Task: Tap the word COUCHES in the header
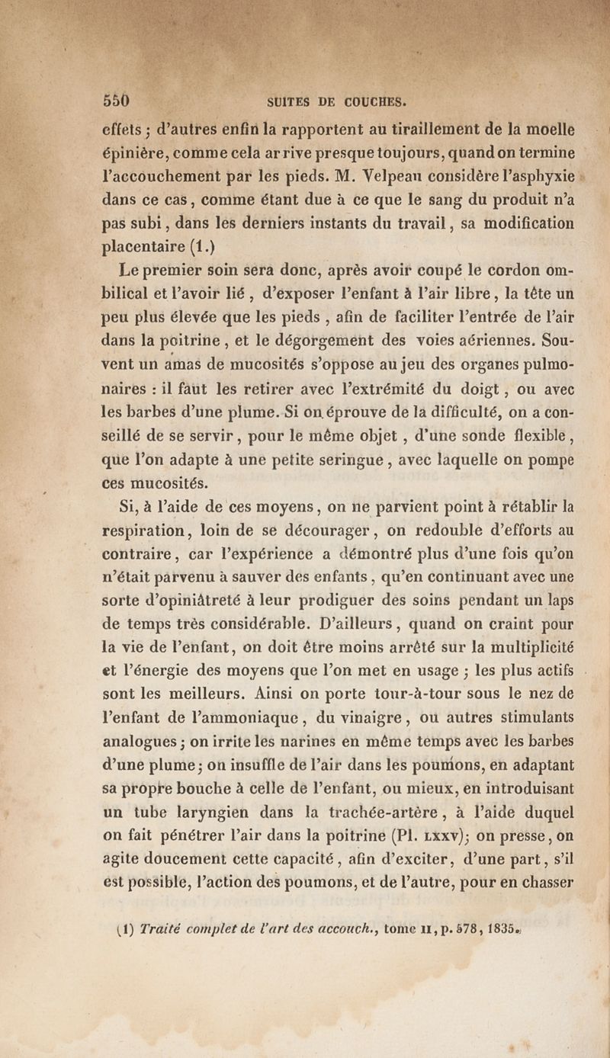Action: click(x=377, y=102)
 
